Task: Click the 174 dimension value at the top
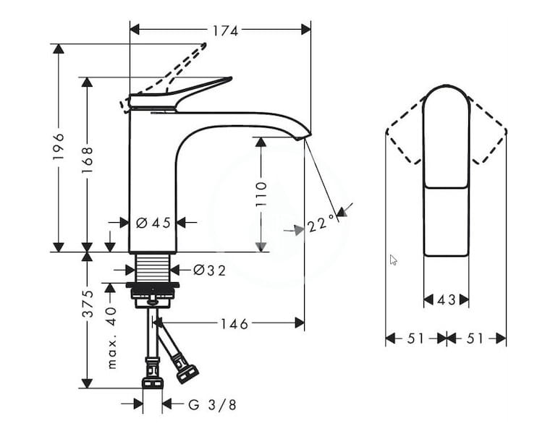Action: click(x=225, y=31)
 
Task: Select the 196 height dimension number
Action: click(x=59, y=146)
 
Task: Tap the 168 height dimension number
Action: click(x=87, y=160)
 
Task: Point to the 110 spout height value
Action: click(x=261, y=195)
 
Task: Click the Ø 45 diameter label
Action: click(x=153, y=223)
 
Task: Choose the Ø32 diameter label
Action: click(x=209, y=271)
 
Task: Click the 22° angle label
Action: click(x=322, y=224)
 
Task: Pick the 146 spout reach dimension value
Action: click(x=234, y=324)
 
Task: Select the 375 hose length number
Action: click(x=87, y=304)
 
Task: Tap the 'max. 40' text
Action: click(x=111, y=338)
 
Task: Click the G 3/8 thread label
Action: click(x=212, y=405)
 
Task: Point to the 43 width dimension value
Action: click(x=447, y=300)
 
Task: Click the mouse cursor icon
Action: click(x=393, y=260)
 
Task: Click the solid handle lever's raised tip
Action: click(x=230, y=78)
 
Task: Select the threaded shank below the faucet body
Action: click(x=153, y=268)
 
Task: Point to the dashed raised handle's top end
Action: click(x=204, y=45)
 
